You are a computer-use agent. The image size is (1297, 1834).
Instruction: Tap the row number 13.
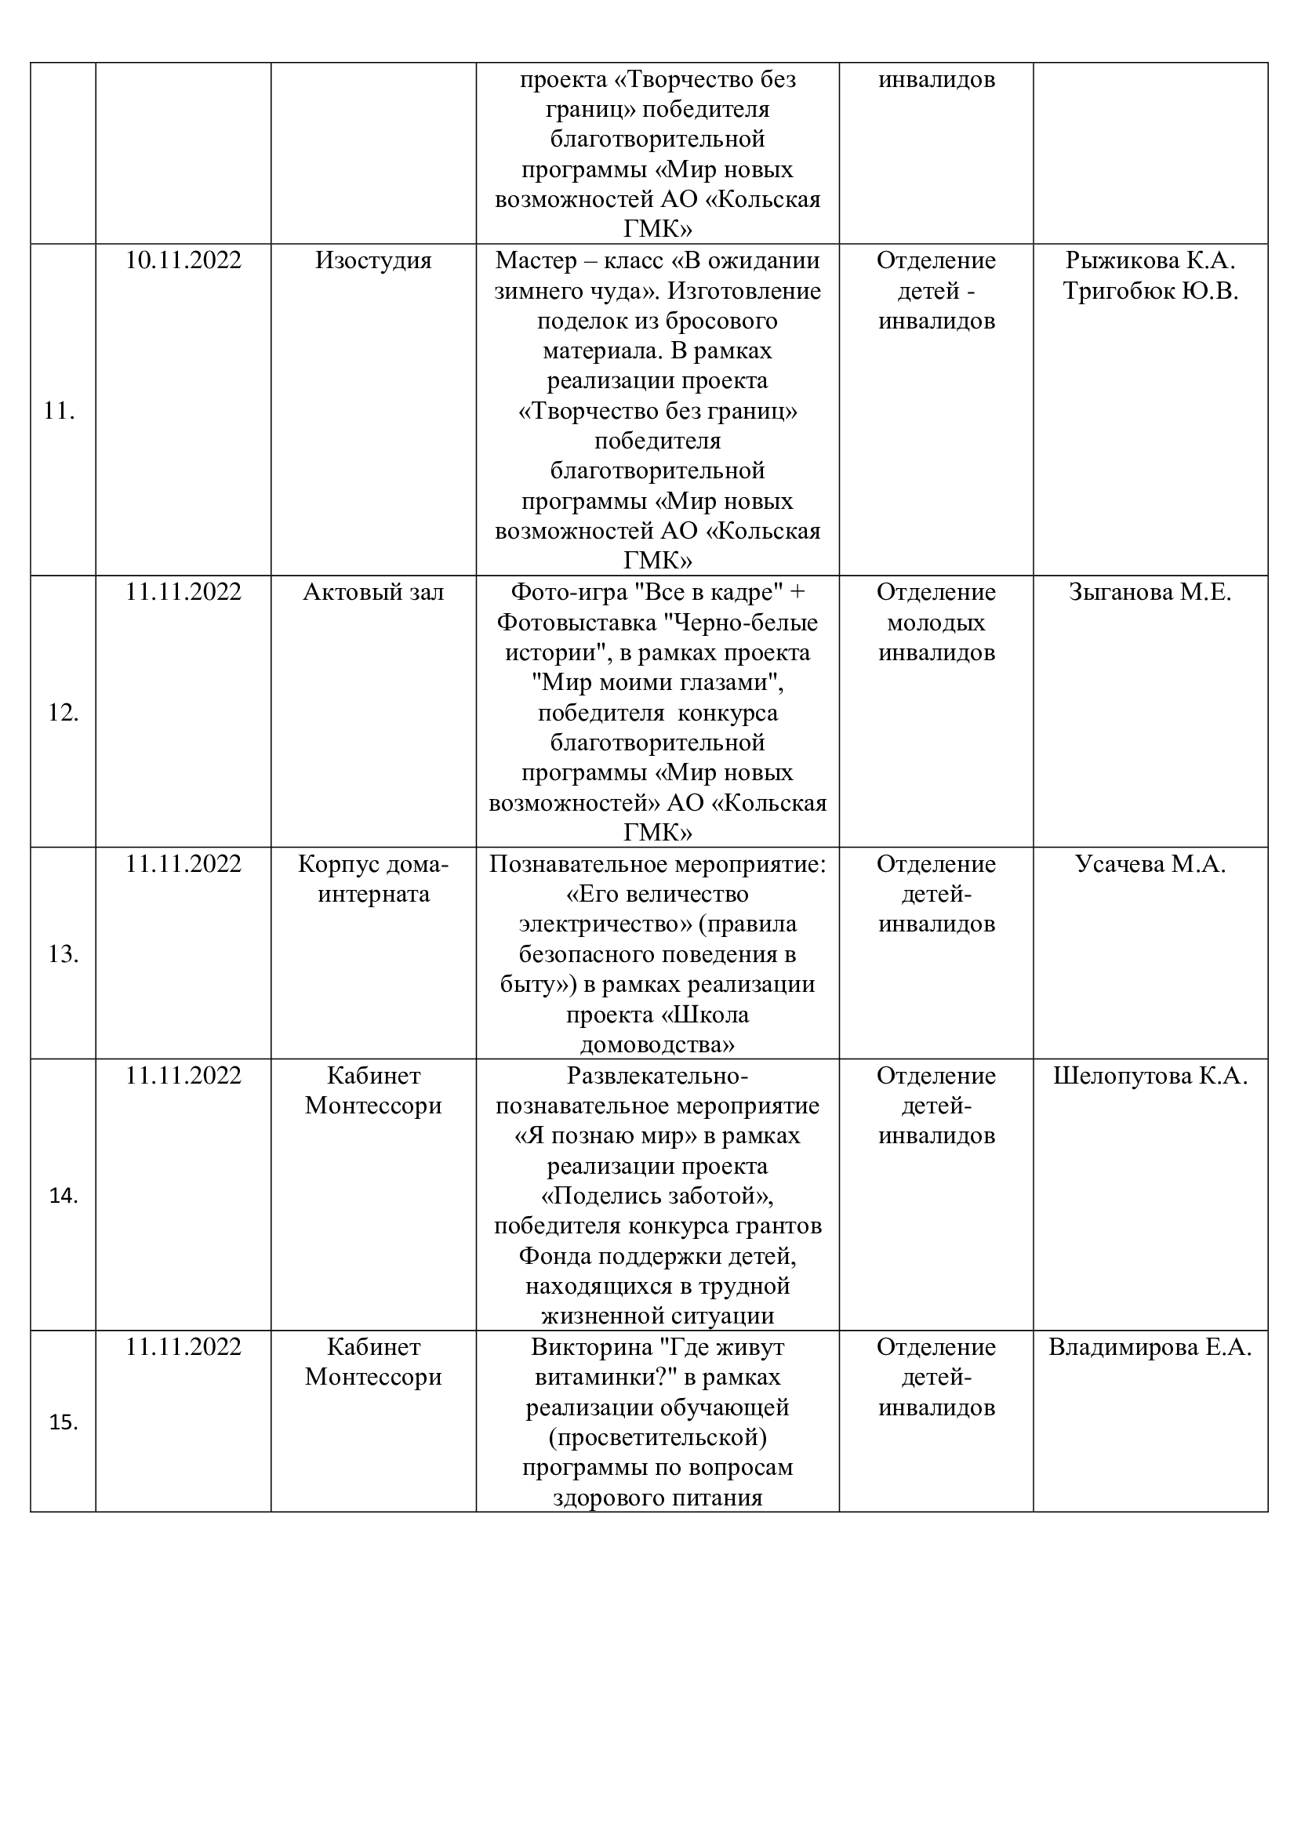click(x=63, y=953)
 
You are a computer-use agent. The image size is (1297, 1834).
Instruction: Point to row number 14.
click(x=63, y=1196)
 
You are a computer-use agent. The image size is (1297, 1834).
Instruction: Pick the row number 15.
click(x=63, y=1422)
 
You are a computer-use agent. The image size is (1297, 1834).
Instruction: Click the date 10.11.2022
click(x=183, y=260)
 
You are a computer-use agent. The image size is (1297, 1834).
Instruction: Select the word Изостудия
click(x=373, y=260)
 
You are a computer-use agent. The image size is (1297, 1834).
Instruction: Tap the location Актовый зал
click(x=373, y=592)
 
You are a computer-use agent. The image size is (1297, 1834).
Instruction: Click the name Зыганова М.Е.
click(x=1150, y=592)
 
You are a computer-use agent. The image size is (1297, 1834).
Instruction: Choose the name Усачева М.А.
click(x=1150, y=863)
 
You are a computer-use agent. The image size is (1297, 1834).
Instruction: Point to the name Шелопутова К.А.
click(x=1150, y=1075)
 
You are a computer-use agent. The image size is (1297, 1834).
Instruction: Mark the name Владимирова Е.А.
click(x=1150, y=1347)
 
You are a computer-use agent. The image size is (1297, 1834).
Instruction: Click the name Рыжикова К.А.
click(x=1150, y=260)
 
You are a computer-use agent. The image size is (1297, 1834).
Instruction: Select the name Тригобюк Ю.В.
click(x=1150, y=291)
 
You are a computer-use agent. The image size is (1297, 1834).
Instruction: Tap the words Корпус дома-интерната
click(x=373, y=879)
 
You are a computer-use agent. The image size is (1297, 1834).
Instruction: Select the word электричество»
click(x=605, y=924)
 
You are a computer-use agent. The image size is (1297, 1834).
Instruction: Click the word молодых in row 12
click(x=936, y=623)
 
